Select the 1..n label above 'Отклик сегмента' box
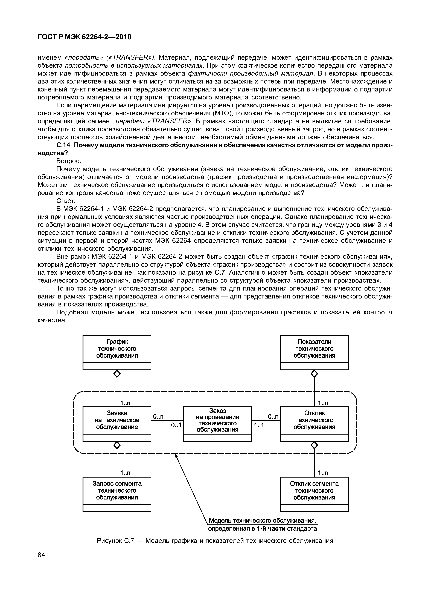tap(323, 473)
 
